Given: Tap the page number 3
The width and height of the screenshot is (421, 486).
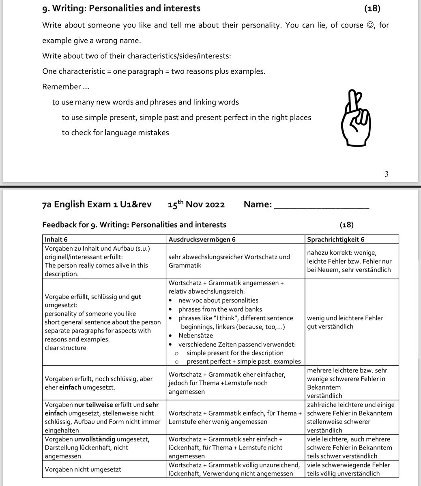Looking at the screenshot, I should [386, 174].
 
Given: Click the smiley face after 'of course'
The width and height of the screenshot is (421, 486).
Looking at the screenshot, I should [369, 25].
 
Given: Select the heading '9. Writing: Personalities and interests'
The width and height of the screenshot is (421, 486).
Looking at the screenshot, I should [121, 8].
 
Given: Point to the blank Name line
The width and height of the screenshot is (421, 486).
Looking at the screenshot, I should [322, 205].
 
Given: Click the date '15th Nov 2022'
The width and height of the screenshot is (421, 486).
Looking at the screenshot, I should [196, 204].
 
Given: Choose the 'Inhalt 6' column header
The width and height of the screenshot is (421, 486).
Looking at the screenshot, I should [56, 239].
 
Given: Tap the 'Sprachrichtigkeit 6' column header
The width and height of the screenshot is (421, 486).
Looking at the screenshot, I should [336, 239].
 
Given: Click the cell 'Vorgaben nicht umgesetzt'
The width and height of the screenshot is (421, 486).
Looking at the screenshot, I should [83, 469].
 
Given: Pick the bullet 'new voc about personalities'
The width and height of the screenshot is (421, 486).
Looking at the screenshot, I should [218, 300].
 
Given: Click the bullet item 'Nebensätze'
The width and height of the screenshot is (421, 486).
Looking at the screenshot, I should [195, 335].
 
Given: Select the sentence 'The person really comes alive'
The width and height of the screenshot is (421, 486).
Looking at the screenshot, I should [96, 266].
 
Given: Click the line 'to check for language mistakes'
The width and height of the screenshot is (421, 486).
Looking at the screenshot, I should [115, 132].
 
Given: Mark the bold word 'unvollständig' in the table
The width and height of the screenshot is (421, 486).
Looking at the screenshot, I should [95, 439].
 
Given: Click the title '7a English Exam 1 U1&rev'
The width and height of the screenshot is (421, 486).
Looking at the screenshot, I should [97, 204].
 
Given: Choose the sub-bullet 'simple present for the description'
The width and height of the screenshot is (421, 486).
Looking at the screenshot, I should [235, 353].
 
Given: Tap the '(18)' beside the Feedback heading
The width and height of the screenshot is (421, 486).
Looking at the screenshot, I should [346, 224].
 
